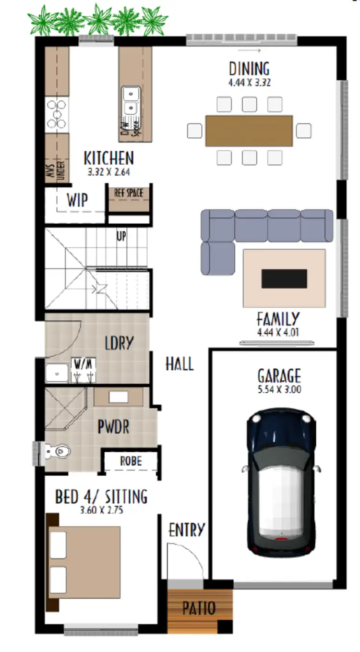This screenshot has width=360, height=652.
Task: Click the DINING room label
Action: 249,69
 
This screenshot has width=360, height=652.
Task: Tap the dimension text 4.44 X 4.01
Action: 278,331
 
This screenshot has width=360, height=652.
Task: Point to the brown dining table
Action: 249,131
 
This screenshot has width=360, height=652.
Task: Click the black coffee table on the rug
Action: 284,278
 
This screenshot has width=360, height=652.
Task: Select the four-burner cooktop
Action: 56,114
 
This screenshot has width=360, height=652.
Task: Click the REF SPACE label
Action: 128,193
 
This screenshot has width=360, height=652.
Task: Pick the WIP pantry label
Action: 77,200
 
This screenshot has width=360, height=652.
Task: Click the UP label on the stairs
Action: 121,236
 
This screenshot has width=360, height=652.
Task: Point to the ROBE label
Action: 131,461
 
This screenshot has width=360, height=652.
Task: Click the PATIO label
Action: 199,608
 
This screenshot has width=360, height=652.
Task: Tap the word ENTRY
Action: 187,530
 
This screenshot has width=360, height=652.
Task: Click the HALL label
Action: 180,364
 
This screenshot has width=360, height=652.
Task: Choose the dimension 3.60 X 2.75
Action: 101,510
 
